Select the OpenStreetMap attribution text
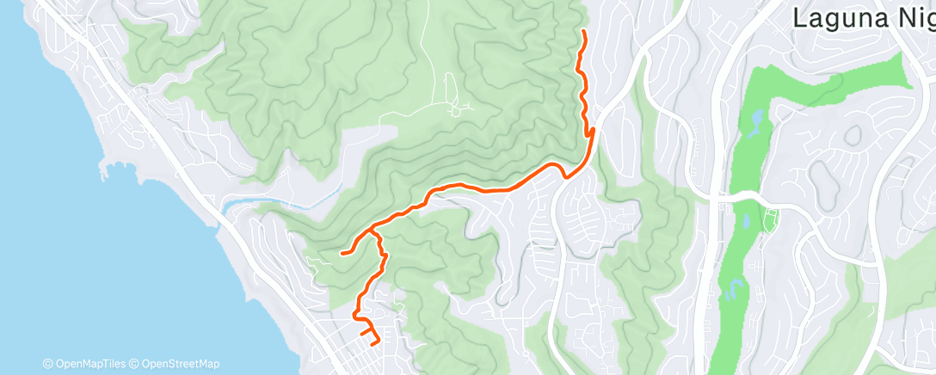coord(178,364)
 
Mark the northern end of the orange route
coord(584,32)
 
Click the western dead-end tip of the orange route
coord(342,253)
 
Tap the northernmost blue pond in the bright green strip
coord(756,115)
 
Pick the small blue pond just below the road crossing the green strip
coord(746,222)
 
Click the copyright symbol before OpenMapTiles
coord(47,364)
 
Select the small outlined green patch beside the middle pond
coord(770,219)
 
